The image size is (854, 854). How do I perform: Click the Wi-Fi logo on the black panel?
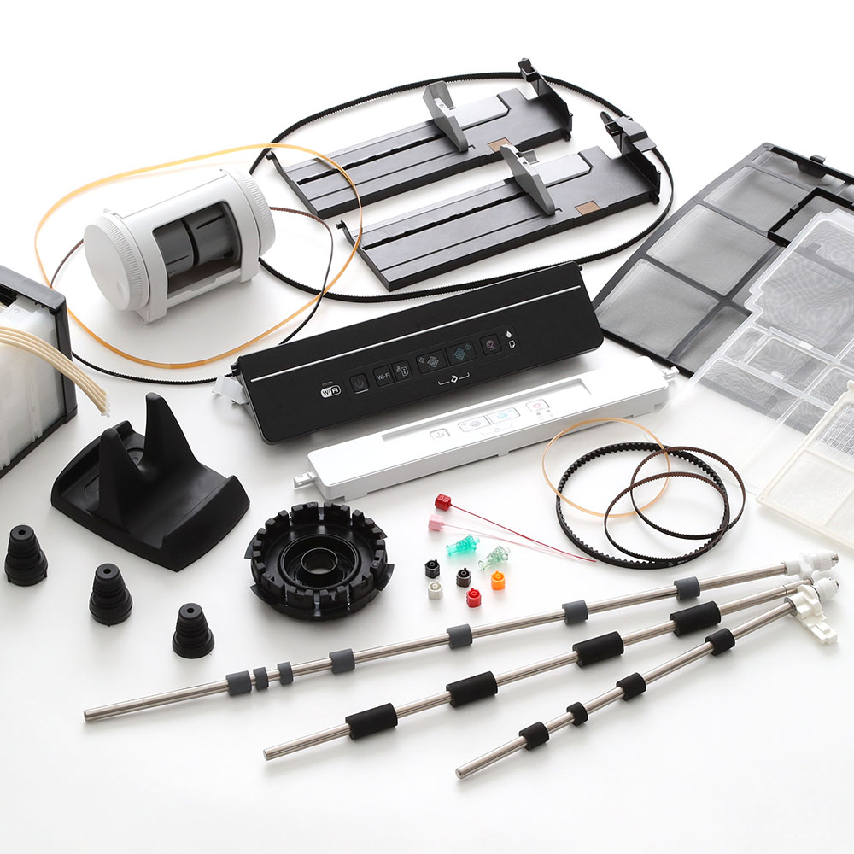(x=330, y=390)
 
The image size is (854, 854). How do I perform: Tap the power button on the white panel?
(x=436, y=433)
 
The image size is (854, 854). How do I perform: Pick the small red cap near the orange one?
(x=473, y=598)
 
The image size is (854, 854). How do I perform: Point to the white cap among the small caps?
(x=436, y=589)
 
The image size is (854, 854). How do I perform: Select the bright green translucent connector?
(x=461, y=544)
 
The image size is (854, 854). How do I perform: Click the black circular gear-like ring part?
(x=319, y=559)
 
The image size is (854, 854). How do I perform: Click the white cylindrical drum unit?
(x=179, y=243)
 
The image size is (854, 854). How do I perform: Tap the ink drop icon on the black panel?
(x=510, y=333)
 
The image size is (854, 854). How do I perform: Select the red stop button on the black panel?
(x=489, y=343)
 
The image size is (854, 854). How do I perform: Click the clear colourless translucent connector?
(x=494, y=558)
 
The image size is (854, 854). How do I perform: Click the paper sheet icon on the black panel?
(x=510, y=346)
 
